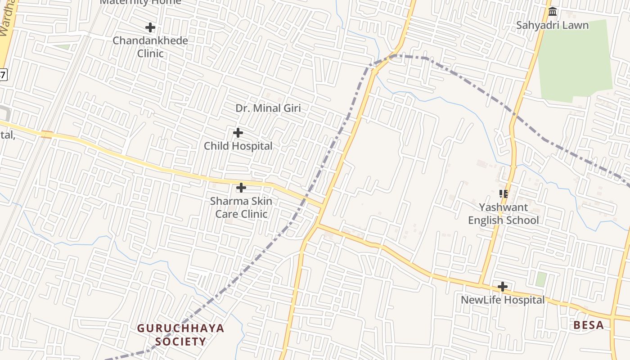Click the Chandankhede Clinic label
coord(150,47)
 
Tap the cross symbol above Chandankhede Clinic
coord(150,27)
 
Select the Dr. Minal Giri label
coord(268,108)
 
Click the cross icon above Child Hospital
coord(238,133)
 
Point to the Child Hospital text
coord(238,146)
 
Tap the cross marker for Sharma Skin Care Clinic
coord(241,187)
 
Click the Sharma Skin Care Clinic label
coord(241,207)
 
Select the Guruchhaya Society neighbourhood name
coord(180,334)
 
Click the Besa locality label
coord(589,325)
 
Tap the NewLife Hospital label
coord(503,300)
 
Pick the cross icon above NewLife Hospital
coord(503,287)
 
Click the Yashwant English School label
coord(504,214)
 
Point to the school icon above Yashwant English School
coord(504,194)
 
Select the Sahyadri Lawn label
coord(552,25)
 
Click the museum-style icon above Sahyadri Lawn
coord(553,11)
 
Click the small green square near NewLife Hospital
coord(541,279)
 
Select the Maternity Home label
coord(140,2)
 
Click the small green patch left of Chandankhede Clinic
coord(63,47)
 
